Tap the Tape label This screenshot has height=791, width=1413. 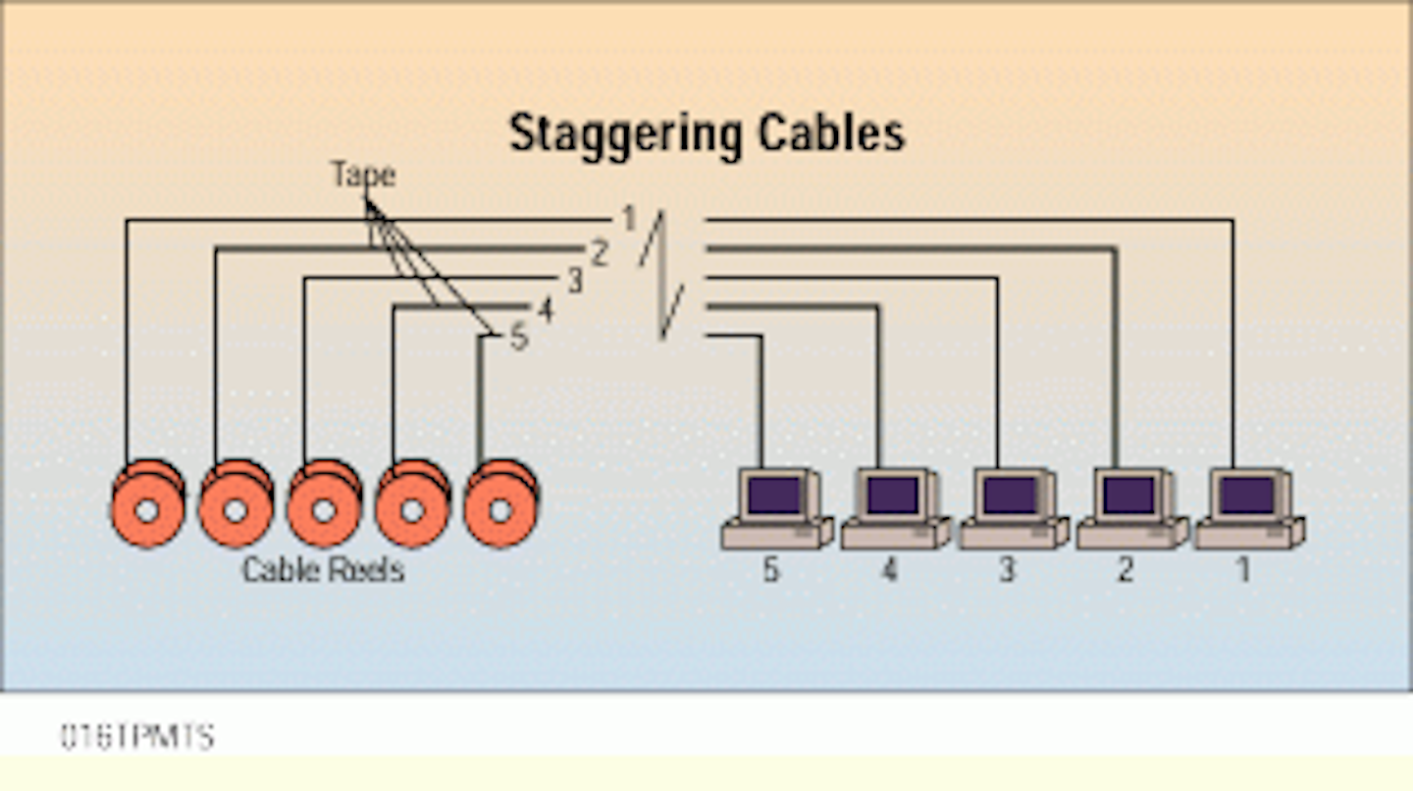362,175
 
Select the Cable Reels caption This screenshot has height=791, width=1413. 323,569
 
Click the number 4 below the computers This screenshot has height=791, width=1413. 889,570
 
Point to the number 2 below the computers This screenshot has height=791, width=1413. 1125,570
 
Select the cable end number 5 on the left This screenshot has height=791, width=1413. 518,339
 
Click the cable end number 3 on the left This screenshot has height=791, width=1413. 574,282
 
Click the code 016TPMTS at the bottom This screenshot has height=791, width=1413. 136,736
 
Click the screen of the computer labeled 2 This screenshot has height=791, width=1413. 1128,495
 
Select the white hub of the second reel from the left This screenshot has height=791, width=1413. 235,511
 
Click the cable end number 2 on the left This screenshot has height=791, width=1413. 600,253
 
